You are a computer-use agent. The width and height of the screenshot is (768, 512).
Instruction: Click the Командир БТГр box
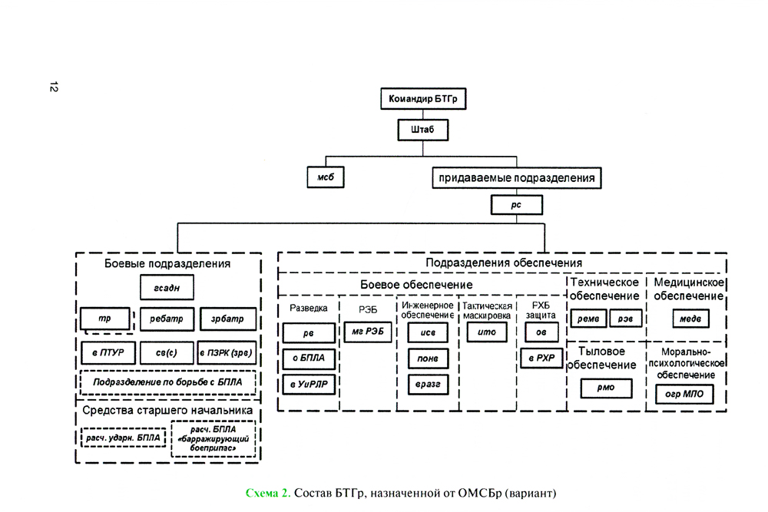[423, 99]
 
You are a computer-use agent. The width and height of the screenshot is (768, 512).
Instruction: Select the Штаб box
[422, 130]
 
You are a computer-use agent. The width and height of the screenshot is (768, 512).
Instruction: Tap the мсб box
[325, 177]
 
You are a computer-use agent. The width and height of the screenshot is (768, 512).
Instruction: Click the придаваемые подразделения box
[517, 178]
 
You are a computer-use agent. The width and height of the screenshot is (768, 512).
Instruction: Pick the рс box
[517, 205]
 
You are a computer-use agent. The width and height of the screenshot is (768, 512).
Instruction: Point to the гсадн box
[166, 288]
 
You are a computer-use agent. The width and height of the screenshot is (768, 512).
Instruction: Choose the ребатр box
[166, 318]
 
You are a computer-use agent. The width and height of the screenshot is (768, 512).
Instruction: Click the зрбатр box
[226, 318]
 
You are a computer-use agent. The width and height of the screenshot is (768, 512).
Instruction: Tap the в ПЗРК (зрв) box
[226, 353]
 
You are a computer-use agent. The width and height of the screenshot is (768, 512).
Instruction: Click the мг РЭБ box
[367, 331]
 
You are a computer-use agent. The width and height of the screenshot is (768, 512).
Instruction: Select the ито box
[487, 332]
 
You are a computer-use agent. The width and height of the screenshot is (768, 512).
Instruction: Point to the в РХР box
[541, 358]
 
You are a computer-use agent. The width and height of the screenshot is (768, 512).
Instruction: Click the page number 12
[53, 87]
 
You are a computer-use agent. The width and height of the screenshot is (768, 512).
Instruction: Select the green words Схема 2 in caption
[266, 492]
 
